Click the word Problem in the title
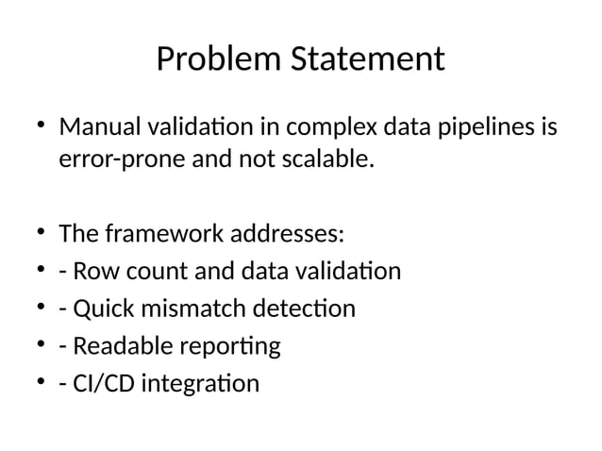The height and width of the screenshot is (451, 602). (x=200, y=60)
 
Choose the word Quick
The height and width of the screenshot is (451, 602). (x=98, y=309)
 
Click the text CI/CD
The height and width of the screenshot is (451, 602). (x=99, y=384)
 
